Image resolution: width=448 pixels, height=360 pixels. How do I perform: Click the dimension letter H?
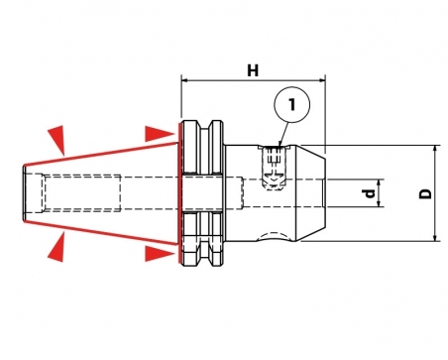[x=253, y=70]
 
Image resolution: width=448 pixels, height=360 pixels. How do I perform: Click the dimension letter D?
[x=425, y=193]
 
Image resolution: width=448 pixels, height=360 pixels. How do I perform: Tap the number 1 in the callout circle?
[x=292, y=104]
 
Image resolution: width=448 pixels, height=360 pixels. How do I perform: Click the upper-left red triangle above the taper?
[x=57, y=139]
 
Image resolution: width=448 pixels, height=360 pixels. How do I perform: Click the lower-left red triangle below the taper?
[x=57, y=247]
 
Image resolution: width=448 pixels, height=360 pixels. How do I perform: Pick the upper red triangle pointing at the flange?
[x=160, y=134]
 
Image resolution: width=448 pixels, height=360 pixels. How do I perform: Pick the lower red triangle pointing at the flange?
[x=160, y=254]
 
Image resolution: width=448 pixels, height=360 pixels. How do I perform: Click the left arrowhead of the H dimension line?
[x=184, y=80]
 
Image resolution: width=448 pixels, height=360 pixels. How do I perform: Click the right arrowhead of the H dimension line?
[x=322, y=80]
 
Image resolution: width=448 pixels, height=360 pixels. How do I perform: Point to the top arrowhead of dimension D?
[x=435, y=149]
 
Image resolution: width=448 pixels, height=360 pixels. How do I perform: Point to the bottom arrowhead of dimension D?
[x=435, y=237]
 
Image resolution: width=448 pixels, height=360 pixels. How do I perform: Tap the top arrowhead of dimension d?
[x=379, y=182]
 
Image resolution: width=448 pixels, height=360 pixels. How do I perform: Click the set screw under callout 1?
[x=273, y=168]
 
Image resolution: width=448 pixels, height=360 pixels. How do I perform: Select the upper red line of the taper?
[x=101, y=154]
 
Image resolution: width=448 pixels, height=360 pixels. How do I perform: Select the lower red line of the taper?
[x=101, y=233]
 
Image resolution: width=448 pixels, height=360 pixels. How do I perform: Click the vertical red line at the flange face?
[x=179, y=193]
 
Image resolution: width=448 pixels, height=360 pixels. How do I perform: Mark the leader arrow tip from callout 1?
[x=280, y=146]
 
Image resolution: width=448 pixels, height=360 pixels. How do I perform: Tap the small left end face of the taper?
[x=25, y=193]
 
